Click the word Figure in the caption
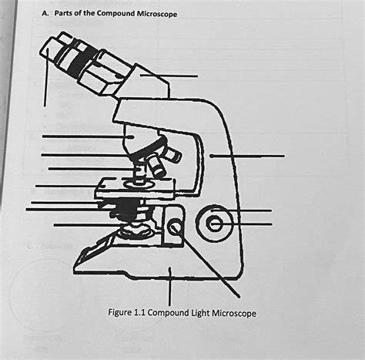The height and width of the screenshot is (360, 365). click(123, 313)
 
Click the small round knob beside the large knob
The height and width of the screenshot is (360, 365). click(176, 227)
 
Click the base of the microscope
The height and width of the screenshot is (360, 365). click(154, 266)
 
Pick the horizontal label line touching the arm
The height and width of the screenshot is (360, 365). click(246, 156)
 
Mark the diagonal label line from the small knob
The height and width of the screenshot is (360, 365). click(208, 262)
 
